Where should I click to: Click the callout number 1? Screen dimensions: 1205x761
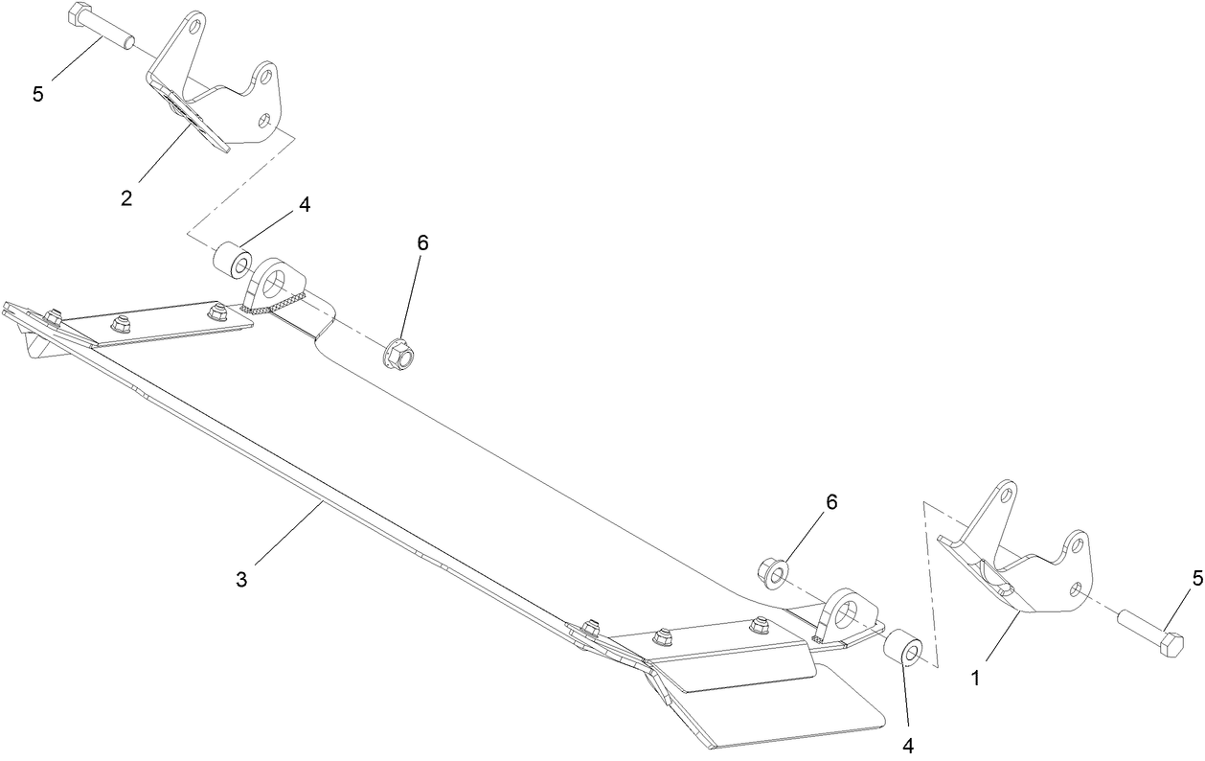point(976,679)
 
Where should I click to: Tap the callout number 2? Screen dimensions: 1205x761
point(126,198)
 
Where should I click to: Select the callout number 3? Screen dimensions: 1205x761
point(241,580)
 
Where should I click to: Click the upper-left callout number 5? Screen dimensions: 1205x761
point(37,94)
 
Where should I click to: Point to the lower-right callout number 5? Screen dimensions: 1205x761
point(1197,579)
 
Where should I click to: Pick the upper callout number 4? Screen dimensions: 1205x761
point(305,204)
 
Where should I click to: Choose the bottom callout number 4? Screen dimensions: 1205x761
point(907,746)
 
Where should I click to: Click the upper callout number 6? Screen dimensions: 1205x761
point(422,243)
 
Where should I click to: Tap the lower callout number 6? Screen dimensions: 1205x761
point(831,502)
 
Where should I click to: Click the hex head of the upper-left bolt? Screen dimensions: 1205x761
point(77,12)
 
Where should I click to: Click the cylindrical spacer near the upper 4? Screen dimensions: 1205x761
point(233,262)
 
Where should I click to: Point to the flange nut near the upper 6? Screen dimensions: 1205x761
point(398,353)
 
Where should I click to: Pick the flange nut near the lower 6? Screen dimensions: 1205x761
point(773,575)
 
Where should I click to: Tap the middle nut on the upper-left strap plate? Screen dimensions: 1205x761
point(119,323)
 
